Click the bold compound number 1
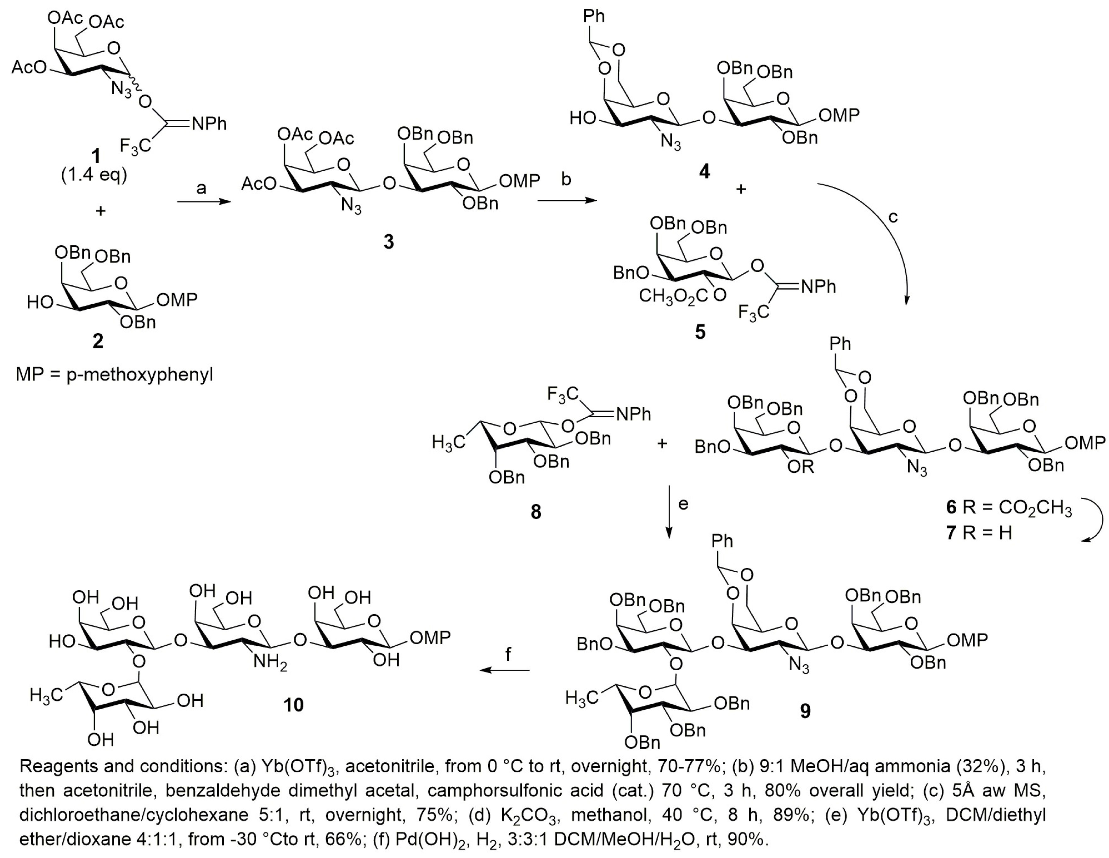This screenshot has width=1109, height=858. coord(95,156)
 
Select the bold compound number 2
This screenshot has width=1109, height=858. coord(98,341)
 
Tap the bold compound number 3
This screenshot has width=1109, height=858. coord(388,242)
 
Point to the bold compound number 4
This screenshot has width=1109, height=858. coord(704,172)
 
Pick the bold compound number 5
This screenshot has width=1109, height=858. coord(700,332)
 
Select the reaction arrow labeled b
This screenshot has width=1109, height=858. coord(567,201)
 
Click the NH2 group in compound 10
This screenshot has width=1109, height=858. coord(270,662)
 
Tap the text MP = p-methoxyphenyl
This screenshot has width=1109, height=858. coord(114,375)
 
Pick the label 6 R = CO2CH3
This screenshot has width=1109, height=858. coord(1009,507)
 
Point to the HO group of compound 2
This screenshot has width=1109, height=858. coord(41,303)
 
